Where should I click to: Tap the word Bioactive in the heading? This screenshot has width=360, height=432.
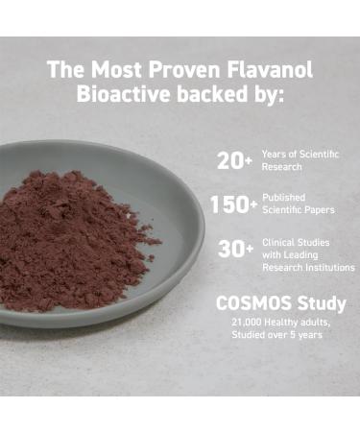(121, 94)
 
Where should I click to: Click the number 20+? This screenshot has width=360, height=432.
(234, 161)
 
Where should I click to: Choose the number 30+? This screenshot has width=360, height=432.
(234, 249)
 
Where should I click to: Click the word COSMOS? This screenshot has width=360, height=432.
(255, 303)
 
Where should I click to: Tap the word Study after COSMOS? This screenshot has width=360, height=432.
(322, 303)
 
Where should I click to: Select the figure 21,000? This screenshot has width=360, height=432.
(248, 323)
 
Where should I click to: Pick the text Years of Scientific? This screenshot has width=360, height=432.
(300, 155)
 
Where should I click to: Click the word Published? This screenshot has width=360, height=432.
(284, 198)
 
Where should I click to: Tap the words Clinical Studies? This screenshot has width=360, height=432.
(296, 242)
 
